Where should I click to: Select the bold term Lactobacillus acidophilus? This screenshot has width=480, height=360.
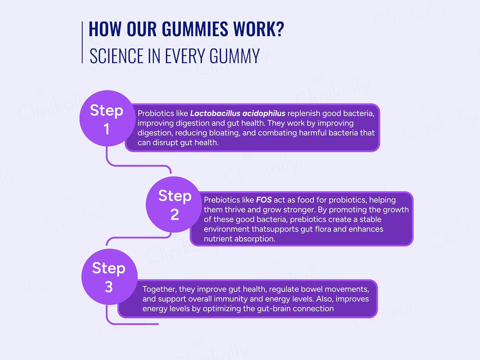238,113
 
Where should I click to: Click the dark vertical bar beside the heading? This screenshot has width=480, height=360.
83,42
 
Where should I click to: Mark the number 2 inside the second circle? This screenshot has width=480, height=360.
174,215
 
